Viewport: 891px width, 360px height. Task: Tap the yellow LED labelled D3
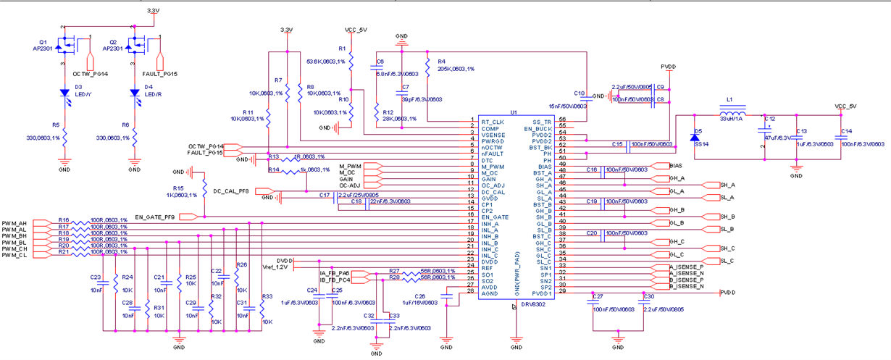click(x=64, y=93)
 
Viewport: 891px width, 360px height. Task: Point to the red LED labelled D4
click(x=135, y=93)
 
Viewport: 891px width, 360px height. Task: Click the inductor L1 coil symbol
click(x=733, y=114)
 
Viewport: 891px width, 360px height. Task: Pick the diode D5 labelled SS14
click(x=696, y=138)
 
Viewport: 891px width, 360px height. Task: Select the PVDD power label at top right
click(x=669, y=67)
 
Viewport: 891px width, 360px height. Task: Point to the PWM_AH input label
click(x=14, y=223)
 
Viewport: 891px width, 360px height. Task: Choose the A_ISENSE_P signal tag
click(x=687, y=267)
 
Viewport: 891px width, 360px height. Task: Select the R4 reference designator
click(x=441, y=61)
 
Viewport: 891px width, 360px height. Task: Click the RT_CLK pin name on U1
click(x=493, y=122)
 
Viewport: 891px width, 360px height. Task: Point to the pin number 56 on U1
click(x=562, y=120)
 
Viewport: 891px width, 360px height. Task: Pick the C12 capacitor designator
click(x=769, y=119)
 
